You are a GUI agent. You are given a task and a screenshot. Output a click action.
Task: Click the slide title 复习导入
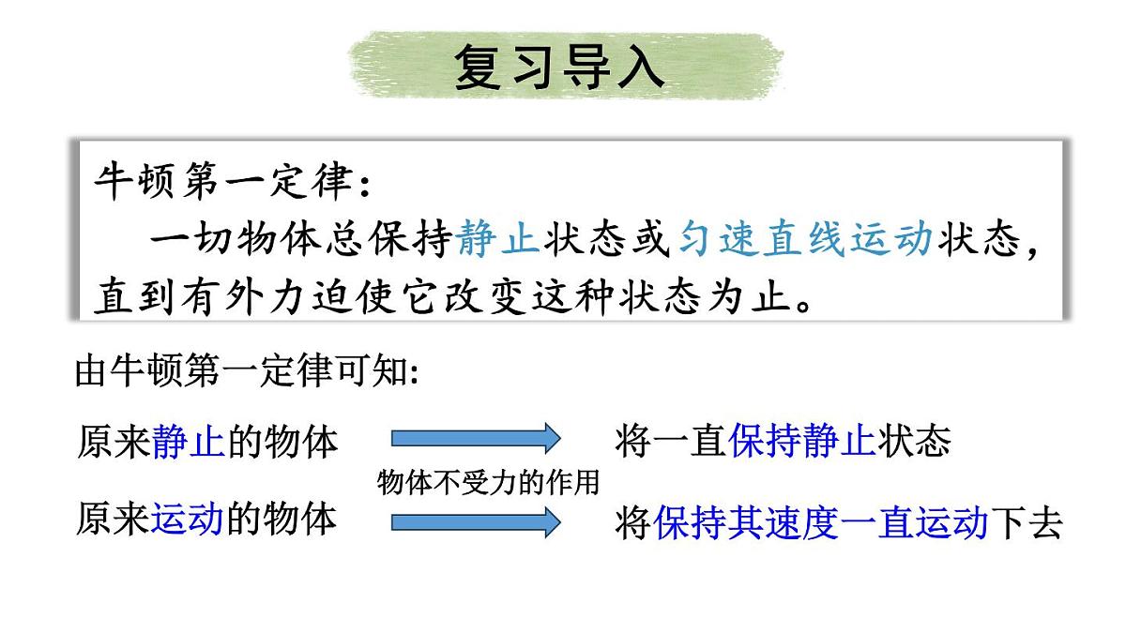tap(560, 66)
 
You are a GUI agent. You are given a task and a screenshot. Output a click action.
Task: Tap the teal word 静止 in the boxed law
tap(497, 240)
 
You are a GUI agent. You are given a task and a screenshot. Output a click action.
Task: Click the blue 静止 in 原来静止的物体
tap(188, 442)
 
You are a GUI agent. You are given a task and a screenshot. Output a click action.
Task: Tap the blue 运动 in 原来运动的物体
tap(188, 518)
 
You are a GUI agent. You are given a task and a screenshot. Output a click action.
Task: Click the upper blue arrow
tap(475, 438)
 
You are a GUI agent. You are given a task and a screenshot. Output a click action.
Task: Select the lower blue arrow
tap(475, 521)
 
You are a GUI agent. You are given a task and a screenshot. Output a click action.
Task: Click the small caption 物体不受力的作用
tap(488, 482)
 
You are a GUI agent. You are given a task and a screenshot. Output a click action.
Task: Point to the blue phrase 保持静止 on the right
tap(801, 442)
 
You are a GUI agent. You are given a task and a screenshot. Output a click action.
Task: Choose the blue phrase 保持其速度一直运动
tap(820, 523)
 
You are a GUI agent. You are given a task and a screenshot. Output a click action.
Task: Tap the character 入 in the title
tap(640, 66)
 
